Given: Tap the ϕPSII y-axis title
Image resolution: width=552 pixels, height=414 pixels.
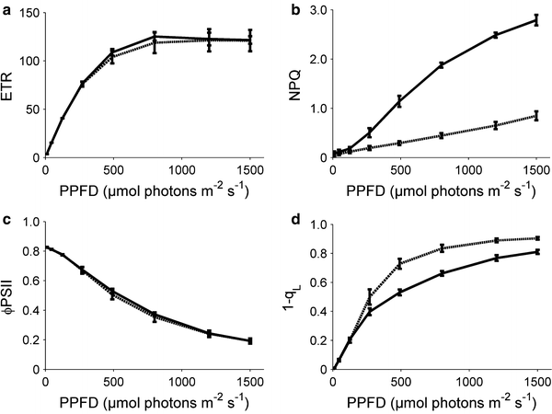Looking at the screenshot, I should pyautogui.click(x=9, y=295).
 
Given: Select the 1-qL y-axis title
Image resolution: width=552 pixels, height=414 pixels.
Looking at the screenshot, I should pyautogui.click(x=296, y=295).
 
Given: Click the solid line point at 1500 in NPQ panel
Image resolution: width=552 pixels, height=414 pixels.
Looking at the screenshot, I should pyautogui.click(x=536, y=19).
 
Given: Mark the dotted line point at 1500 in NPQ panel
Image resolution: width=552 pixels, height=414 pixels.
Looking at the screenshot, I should pyautogui.click(x=536, y=116).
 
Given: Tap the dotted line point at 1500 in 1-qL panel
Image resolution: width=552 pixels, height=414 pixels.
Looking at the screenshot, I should pyautogui.click(x=536, y=237).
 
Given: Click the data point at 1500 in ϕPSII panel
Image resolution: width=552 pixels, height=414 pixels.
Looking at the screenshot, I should pyautogui.click(x=249, y=341).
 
